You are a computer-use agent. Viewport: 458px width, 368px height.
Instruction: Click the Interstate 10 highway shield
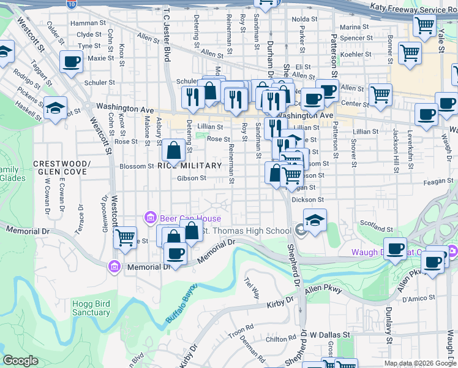[x=72, y=4]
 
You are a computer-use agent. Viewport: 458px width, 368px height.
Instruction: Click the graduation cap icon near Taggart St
[x=54, y=108]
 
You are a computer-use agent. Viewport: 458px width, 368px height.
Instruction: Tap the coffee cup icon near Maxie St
[x=72, y=61]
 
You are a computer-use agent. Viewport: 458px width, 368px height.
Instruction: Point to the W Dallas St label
[x=329, y=335]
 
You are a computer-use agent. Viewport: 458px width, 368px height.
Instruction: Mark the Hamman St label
[x=84, y=23]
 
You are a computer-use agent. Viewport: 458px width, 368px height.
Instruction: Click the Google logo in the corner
[x=21, y=361]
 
